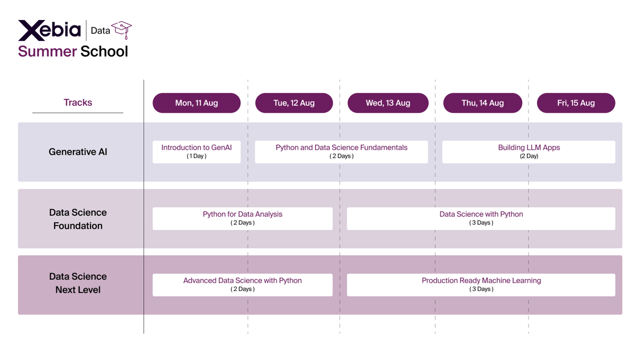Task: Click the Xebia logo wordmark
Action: click(x=50, y=30)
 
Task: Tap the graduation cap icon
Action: click(x=121, y=30)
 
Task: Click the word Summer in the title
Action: click(x=47, y=51)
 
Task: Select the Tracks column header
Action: click(x=77, y=103)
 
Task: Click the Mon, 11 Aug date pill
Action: click(x=196, y=103)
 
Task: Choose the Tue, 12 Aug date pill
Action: click(x=294, y=103)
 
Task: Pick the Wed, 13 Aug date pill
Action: click(x=388, y=103)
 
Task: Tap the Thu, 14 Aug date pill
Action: click(x=482, y=103)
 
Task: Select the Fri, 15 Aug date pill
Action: click(x=576, y=103)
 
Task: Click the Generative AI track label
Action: click(x=78, y=152)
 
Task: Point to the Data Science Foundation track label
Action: click(x=78, y=219)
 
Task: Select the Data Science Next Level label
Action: click(x=78, y=283)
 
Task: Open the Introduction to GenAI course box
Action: click(x=196, y=152)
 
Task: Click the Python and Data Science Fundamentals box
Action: click(x=341, y=152)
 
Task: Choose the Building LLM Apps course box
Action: click(x=528, y=152)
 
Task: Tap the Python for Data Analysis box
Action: click(x=243, y=218)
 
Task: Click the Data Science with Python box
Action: click(x=481, y=218)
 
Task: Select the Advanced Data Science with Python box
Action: click(x=243, y=284)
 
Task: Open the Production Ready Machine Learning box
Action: click(x=481, y=284)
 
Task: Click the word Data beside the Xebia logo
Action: click(x=100, y=31)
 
